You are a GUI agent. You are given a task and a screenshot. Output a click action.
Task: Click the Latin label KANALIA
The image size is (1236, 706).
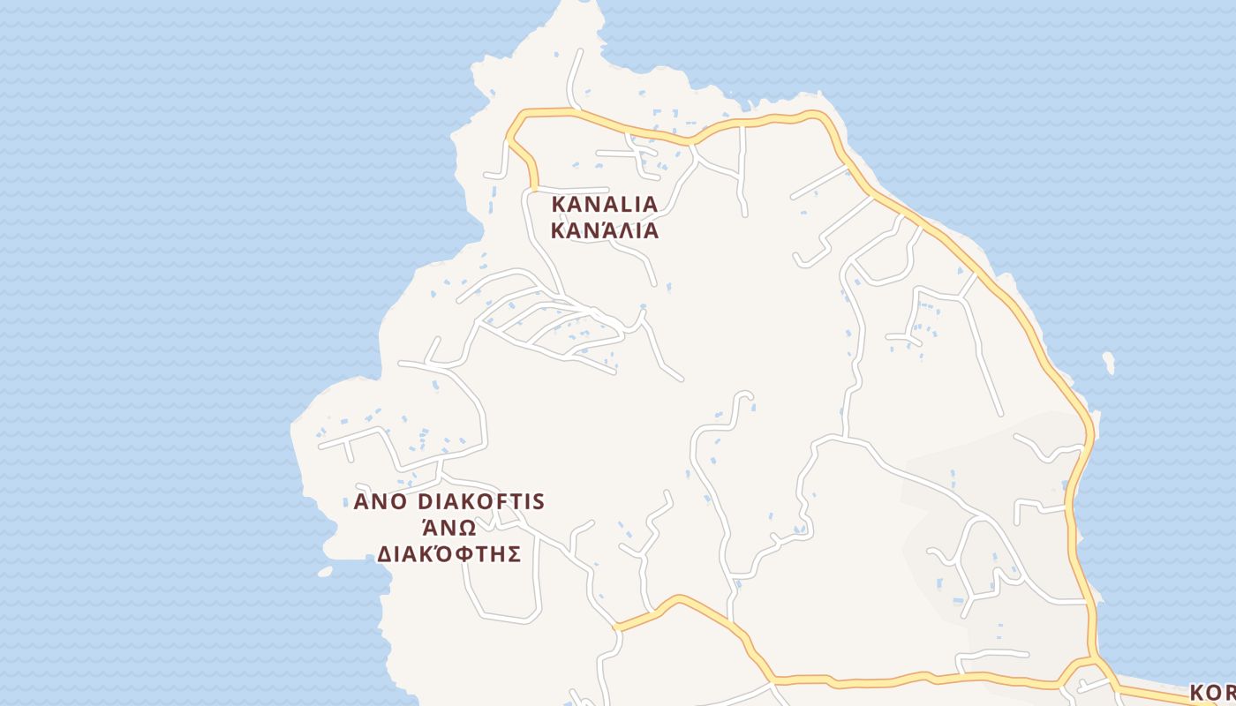pyautogui.click(x=605, y=204)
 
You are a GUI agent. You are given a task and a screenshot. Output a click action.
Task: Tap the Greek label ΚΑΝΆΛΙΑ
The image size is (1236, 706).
pyautogui.click(x=605, y=231)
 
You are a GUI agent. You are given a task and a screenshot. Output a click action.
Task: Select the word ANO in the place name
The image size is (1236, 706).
pyautogui.click(x=380, y=502)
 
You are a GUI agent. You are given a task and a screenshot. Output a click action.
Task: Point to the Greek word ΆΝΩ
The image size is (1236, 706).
pyautogui.click(x=448, y=528)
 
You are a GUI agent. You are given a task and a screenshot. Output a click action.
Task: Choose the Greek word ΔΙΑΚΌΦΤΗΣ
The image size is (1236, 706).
pyautogui.click(x=448, y=554)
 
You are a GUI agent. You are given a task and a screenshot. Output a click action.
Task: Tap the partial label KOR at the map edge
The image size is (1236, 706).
pyautogui.click(x=1211, y=693)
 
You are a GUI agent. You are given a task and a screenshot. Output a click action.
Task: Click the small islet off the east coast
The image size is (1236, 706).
pyautogui.click(x=1108, y=362)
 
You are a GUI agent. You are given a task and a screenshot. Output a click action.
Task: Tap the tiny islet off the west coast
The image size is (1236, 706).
pyautogui.click(x=325, y=572)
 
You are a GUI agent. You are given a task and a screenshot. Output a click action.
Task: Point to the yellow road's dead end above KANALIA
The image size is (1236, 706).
pyautogui.click(x=534, y=186)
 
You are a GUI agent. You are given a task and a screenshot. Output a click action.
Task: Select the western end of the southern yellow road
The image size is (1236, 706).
pyautogui.click(x=616, y=627)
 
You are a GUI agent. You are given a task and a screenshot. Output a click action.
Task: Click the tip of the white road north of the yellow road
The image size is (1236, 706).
pyautogui.click(x=581, y=51)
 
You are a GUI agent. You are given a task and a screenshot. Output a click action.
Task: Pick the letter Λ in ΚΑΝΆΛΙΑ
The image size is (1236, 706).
pyautogui.click(x=622, y=231)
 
